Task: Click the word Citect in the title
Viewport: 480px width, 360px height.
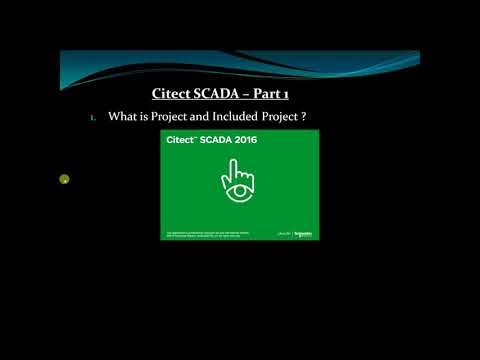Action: (x=172, y=95)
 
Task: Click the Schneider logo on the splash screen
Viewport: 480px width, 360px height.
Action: (x=304, y=233)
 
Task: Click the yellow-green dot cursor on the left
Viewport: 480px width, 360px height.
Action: (x=64, y=180)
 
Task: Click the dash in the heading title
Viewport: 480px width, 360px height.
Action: (x=245, y=95)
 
